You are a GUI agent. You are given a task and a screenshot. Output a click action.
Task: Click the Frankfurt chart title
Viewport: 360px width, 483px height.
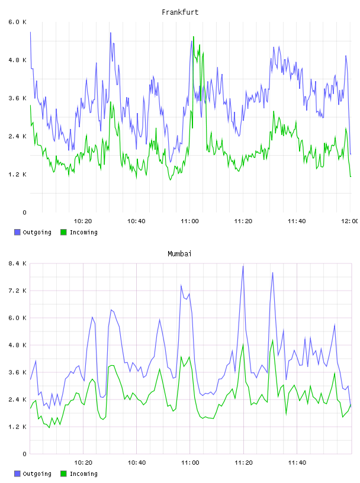[180, 12]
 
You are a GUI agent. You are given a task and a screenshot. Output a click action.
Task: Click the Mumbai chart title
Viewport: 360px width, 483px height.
[179, 253]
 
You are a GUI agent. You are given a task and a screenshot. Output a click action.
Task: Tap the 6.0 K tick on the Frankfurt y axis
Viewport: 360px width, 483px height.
[17, 22]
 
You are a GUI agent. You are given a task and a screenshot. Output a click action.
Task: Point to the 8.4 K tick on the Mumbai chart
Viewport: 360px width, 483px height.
[17, 263]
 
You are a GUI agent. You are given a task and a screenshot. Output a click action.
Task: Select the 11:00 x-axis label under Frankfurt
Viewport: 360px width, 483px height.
[189, 221]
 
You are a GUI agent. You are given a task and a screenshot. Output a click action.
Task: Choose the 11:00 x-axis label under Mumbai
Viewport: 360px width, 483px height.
[190, 462]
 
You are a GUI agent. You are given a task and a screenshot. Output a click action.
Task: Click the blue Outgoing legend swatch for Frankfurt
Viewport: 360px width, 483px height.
[17, 232]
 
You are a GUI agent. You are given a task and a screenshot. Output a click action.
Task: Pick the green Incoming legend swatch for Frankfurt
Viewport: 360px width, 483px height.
[63, 232]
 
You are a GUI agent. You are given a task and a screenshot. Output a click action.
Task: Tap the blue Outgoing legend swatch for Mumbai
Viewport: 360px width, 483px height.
[17, 474]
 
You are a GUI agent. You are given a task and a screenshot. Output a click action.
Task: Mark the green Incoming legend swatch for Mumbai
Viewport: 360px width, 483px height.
[63, 474]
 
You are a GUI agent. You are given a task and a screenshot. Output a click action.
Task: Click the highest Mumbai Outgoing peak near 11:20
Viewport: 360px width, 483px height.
[243, 266]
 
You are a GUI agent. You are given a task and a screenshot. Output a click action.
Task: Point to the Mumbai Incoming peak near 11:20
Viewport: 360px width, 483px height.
[243, 344]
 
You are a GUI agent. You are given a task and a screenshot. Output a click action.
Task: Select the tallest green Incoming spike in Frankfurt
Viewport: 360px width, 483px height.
[194, 36]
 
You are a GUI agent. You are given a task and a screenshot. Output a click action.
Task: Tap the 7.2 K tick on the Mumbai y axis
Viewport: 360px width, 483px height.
[17, 291]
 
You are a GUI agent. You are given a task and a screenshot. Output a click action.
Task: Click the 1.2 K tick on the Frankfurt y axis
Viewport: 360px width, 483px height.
[17, 175]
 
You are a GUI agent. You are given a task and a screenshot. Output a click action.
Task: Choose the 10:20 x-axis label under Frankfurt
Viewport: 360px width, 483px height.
[83, 221]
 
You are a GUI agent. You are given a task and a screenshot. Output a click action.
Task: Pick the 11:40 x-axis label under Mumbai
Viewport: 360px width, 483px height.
[297, 462]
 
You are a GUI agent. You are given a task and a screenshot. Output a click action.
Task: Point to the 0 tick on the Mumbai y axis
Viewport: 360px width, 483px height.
[24, 454]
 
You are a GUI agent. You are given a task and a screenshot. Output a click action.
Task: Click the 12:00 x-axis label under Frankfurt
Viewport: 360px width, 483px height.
[350, 221]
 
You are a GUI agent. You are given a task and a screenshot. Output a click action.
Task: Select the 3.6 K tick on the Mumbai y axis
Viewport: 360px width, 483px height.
[17, 372]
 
